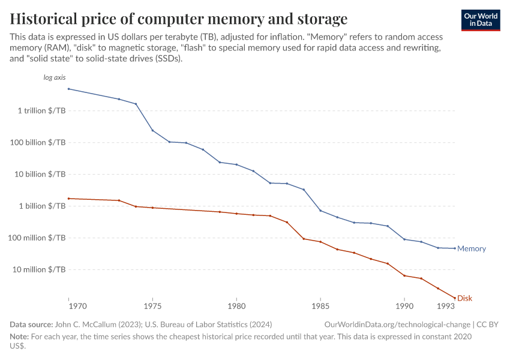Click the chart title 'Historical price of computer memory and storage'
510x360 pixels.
(x=178, y=17)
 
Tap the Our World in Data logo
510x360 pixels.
(x=481, y=20)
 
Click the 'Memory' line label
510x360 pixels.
(x=471, y=248)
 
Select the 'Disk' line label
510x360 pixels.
(x=464, y=298)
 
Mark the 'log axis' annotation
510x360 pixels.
(x=55, y=78)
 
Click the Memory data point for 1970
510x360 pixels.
(x=68, y=89)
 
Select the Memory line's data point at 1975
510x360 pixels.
(x=152, y=130)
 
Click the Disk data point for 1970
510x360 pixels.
(x=68, y=198)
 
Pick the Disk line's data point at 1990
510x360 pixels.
(x=404, y=275)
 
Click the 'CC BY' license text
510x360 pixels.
(x=488, y=325)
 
